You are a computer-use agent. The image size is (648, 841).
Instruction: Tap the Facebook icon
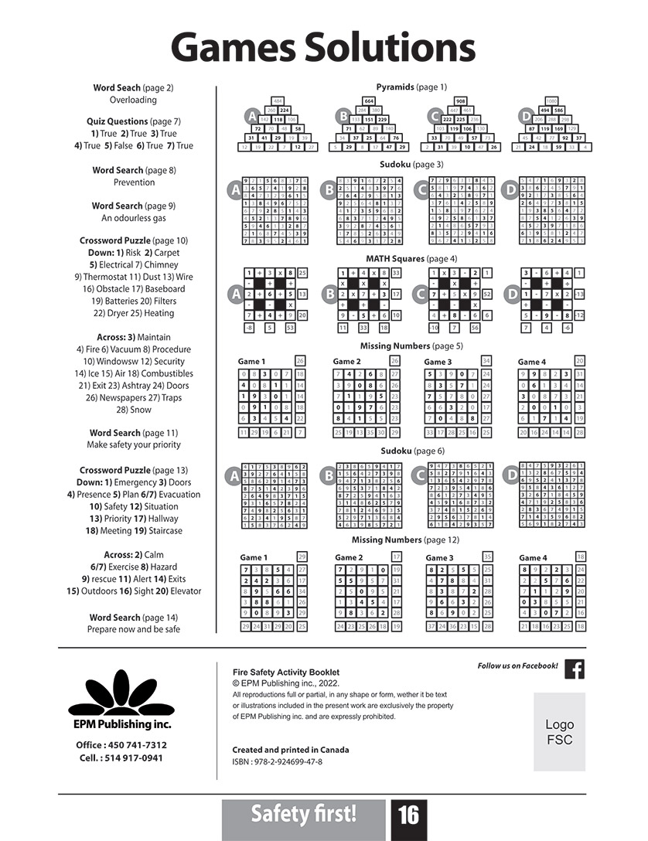click(574, 669)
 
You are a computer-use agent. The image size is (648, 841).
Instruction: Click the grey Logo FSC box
click(559, 731)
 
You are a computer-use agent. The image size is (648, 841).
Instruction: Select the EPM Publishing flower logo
click(121, 693)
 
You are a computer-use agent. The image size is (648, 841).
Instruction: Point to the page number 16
click(408, 815)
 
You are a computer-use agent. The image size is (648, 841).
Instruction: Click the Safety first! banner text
click(303, 814)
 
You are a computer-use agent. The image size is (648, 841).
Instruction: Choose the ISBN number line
click(277, 762)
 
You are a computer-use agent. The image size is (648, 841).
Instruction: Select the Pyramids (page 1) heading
click(411, 87)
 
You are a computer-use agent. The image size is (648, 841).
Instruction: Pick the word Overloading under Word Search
click(133, 100)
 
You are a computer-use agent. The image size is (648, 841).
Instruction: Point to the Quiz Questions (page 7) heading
click(133, 121)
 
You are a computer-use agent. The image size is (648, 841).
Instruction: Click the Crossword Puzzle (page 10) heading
click(133, 240)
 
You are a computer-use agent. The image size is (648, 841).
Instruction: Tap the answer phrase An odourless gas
click(133, 218)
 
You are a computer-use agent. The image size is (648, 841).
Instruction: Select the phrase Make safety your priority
click(133, 444)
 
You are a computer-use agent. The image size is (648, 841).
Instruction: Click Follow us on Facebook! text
click(517, 666)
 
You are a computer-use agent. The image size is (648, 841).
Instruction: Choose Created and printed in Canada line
click(290, 750)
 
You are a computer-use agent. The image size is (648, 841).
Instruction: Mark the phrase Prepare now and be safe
click(133, 629)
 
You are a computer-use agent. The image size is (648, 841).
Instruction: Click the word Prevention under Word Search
click(133, 182)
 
